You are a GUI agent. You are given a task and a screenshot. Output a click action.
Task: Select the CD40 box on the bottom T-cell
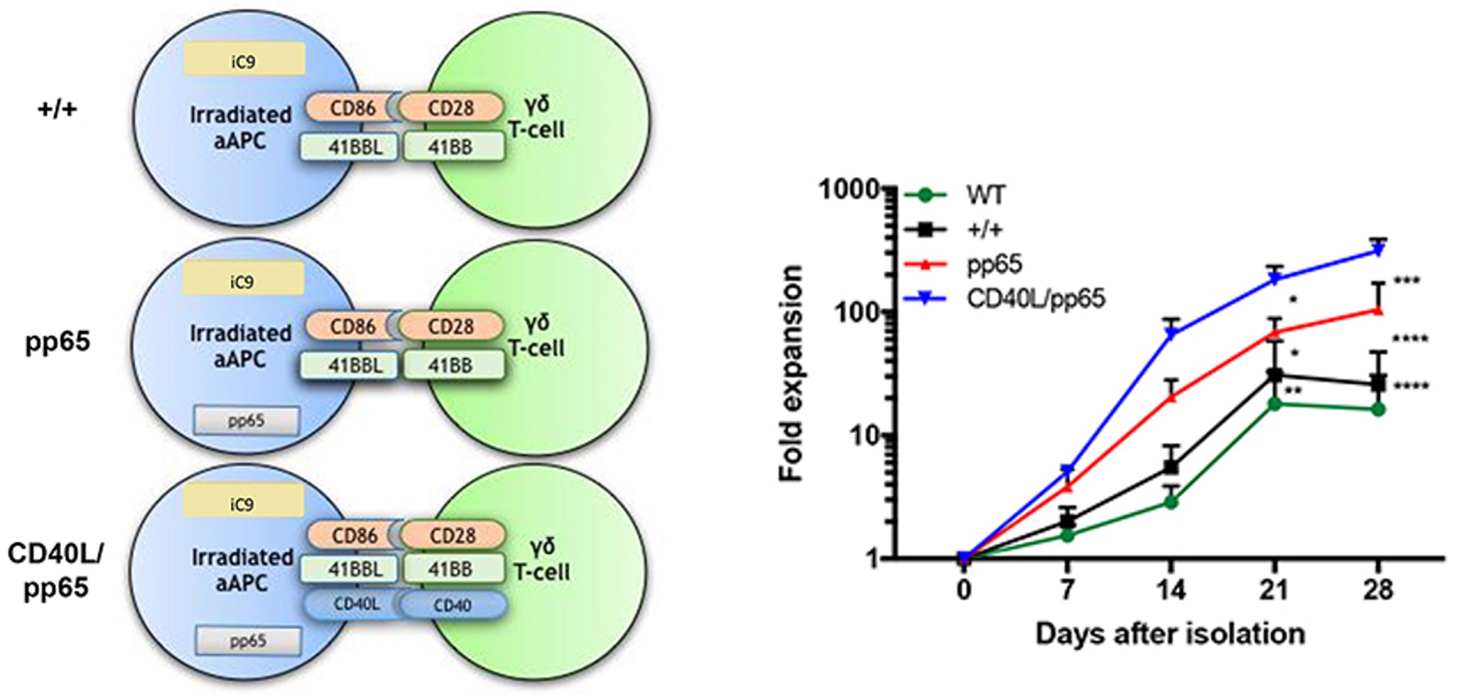tap(453, 605)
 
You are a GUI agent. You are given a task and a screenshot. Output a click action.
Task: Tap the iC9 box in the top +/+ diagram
tap(244, 61)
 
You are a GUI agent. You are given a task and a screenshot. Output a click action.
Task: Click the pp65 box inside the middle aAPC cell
tap(246, 420)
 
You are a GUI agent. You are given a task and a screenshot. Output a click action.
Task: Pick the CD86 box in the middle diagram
tap(353, 326)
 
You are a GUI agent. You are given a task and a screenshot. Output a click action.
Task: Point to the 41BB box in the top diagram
tap(453, 147)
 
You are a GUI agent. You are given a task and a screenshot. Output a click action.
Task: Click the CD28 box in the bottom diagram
tap(453, 536)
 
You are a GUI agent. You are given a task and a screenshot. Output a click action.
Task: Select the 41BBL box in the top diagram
tap(349, 147)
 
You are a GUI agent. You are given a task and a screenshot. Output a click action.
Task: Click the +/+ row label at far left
tap(57, 109)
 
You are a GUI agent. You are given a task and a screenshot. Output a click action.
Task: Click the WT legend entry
tap(985, 195)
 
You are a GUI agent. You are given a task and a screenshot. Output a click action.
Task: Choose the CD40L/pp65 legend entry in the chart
tap(1035, 299)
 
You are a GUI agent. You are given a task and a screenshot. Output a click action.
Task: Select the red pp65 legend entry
tap(994, 264)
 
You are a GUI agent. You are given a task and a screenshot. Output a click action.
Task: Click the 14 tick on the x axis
tap(1171, 589)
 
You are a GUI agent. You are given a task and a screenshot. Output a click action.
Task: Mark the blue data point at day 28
tap(1377, 251)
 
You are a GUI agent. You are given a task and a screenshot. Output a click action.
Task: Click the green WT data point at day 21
tap(1274, 404)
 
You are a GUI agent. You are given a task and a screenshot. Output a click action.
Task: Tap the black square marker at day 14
tap(1171, 466)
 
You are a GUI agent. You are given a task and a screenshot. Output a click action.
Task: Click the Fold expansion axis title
tap(791, 374)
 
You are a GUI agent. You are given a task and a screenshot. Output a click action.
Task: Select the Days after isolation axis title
tap(1170, 634)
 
